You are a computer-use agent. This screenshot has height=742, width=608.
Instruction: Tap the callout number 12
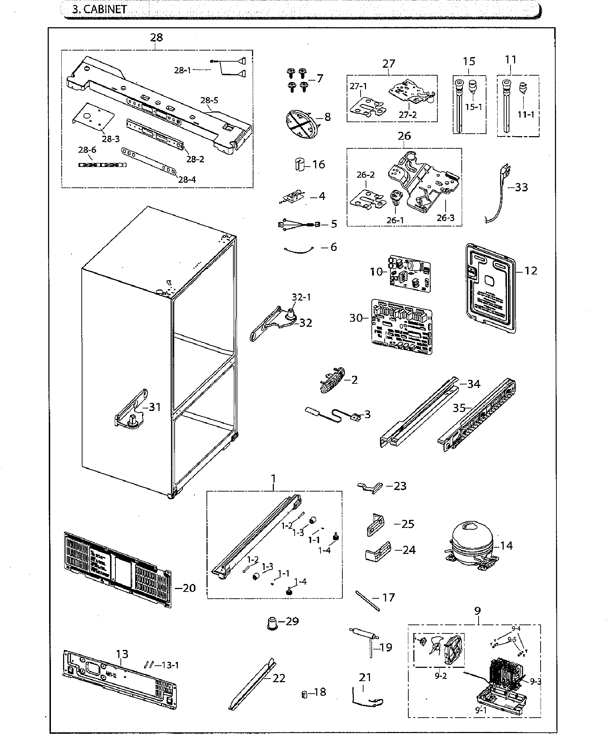click(x=531, y=271)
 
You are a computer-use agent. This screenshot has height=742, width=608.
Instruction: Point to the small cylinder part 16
click(x=300, y=165)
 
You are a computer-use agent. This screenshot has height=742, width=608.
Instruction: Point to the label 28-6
click(x=87, y=150)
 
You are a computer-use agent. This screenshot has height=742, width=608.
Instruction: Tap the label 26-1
click(x=395, y=220)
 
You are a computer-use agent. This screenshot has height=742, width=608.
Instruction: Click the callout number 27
click(x=388, y=64)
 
